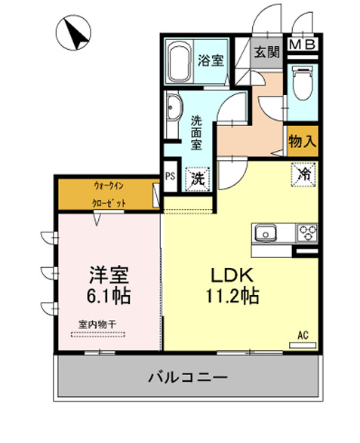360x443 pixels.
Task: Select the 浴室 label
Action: tap(211, 61)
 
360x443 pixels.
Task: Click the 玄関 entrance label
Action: tap(265, 52)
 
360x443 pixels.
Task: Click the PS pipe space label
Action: tap(170, 177)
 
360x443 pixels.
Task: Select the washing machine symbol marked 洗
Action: tap(196, 179)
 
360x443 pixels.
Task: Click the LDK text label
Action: tap(225, 274)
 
